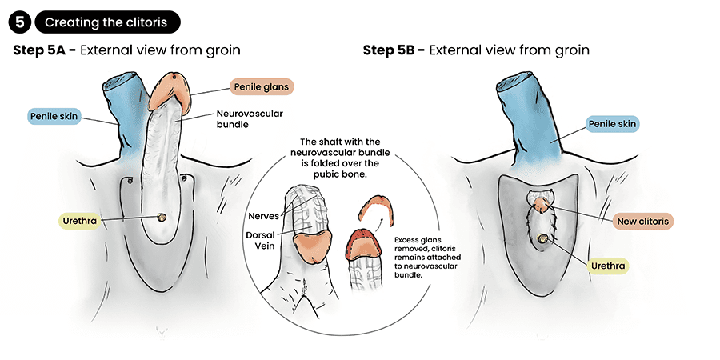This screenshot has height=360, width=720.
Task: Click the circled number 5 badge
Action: pos(22,22)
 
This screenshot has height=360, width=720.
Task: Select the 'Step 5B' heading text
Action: pos(476,50)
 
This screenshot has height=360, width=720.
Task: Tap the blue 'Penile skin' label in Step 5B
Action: pos(612,124)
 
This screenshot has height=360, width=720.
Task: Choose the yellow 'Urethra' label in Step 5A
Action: pos(78,221)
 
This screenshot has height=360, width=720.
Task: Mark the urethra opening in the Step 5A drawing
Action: pos(162,217)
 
